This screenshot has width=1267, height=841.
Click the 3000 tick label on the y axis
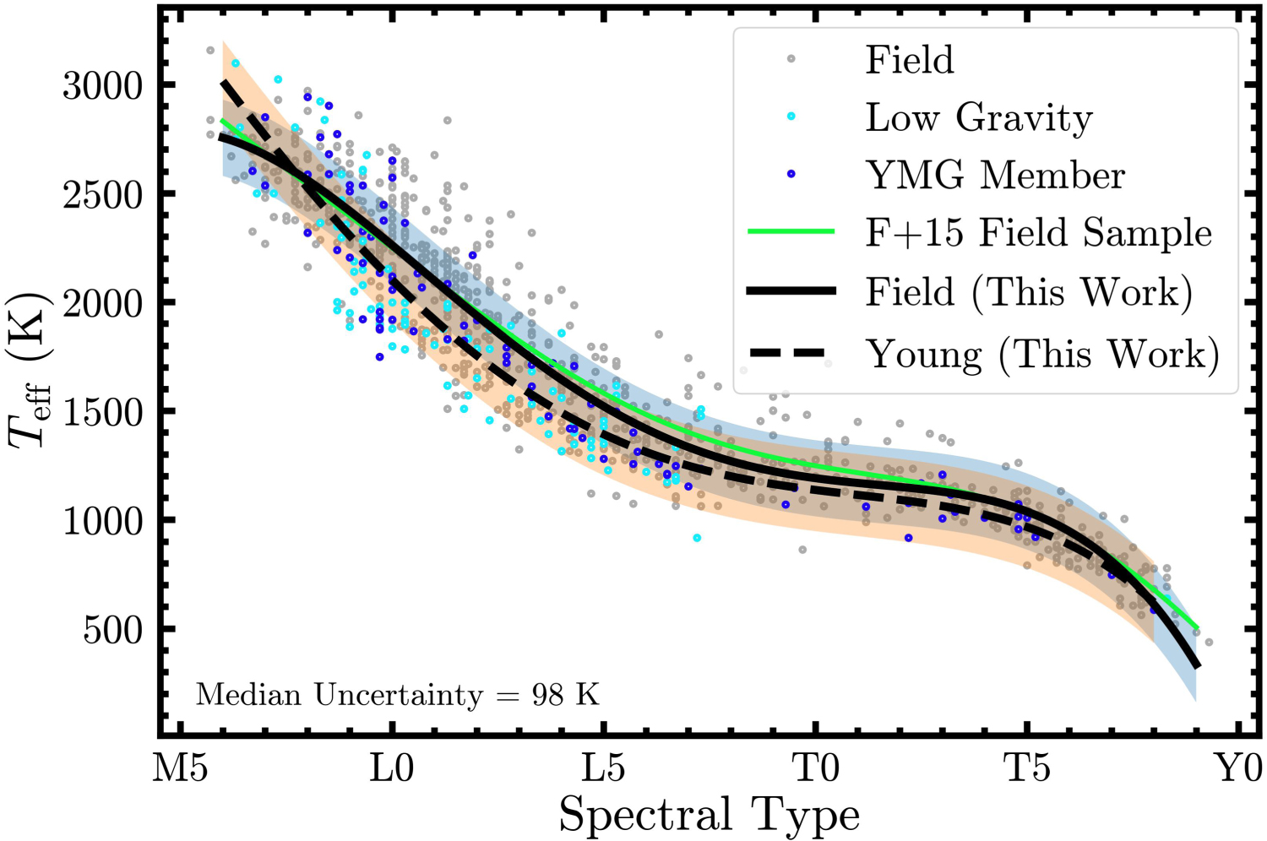(x=101, y=86)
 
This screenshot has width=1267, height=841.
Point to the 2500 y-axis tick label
(x=101, y=195)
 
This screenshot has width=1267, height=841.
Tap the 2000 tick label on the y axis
(x=101, y=304)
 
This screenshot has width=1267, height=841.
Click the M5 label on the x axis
(x=181, y=769)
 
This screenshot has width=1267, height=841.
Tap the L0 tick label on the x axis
(x=391, y=769)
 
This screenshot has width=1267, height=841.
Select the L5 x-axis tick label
(x=604, y=769)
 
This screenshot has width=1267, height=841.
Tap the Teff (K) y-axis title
(x=30, y=370)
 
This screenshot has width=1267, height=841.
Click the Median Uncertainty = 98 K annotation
(x=397, y=695)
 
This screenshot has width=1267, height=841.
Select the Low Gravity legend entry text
(x=979, y=118)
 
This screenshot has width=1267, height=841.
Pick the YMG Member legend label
(x=996, y=176)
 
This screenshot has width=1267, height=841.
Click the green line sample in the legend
(x=791, y=231)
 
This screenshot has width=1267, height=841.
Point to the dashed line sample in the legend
(x=791, y=353)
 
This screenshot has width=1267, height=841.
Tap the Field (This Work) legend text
(x=1029, y=292)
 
